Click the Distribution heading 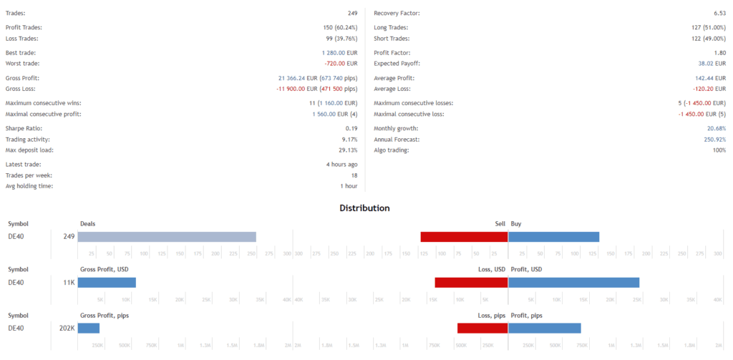point(365,208)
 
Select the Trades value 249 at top point(349,13)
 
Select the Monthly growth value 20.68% point(711,129)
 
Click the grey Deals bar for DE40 point(167,236)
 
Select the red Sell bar point(464,236)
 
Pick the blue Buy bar point(553,236)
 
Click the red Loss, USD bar point(471,282)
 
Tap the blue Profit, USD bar point(573,282)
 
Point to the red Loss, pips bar point(482,328)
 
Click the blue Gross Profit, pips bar point(88,328)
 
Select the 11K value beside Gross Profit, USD point(69,282)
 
